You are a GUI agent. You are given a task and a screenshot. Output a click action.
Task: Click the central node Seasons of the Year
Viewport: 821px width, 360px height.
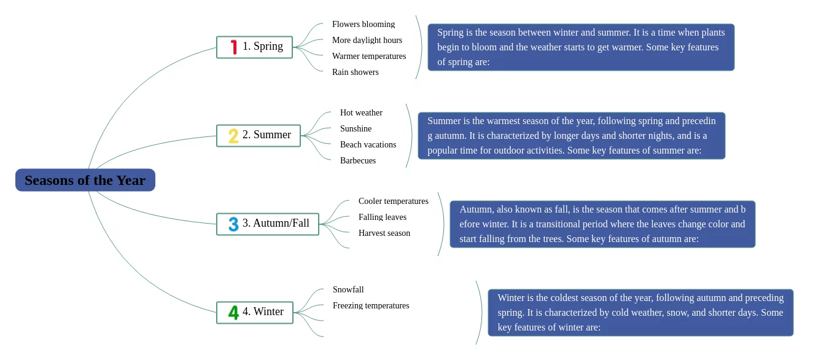point(85,180)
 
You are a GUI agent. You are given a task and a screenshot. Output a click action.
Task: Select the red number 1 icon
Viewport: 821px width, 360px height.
point(234,47)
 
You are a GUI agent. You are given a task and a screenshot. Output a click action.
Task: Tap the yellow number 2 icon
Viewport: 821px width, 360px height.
point(233,136)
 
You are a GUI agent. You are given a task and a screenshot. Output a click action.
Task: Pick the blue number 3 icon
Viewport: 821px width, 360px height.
point(233,224)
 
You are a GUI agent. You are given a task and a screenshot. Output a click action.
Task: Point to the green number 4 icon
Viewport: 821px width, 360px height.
point(233,313)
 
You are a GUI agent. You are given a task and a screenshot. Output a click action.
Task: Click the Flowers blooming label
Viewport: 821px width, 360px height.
point(364,24)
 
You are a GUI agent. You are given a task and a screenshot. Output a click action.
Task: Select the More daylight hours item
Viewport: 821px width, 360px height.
point(367,41)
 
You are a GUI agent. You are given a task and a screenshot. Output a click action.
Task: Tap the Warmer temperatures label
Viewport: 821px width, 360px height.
point(369,56)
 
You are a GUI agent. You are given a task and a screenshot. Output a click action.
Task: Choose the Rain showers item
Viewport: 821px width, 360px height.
point(355,72)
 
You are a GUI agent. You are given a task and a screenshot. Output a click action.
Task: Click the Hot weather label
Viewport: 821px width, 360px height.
point(361,113)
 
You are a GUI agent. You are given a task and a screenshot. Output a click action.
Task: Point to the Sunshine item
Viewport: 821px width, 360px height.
point(356,128)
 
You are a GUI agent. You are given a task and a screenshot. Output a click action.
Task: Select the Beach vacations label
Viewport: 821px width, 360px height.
point(368,145)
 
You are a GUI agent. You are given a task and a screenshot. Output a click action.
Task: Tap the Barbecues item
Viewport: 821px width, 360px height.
point(358,160)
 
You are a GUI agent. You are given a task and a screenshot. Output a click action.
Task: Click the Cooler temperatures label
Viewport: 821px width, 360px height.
point(393,202)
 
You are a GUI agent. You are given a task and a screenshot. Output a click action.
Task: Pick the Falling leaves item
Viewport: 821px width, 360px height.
point(383,217)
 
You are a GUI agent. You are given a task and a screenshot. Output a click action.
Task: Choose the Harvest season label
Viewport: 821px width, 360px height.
point(384,233)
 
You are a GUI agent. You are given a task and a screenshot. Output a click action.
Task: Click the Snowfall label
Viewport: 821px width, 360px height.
point(348,289)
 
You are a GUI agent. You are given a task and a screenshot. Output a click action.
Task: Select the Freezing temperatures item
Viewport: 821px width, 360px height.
point(371,306)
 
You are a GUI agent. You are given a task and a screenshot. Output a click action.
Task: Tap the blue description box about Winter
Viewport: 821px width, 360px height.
point(640,313)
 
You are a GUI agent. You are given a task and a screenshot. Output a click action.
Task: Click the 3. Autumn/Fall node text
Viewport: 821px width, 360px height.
point(276,223)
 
